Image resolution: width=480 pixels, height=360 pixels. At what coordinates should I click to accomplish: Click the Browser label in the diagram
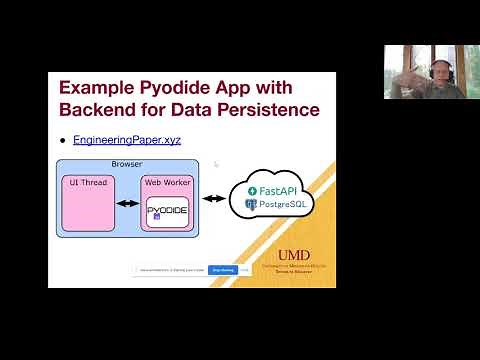(127, 164)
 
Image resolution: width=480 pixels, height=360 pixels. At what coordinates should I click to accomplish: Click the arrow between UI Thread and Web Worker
(127, 203)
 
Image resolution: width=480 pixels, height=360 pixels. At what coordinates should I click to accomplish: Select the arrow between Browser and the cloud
(213, 198)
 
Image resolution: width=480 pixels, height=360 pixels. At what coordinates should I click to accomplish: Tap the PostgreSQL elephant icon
(250, 204)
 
